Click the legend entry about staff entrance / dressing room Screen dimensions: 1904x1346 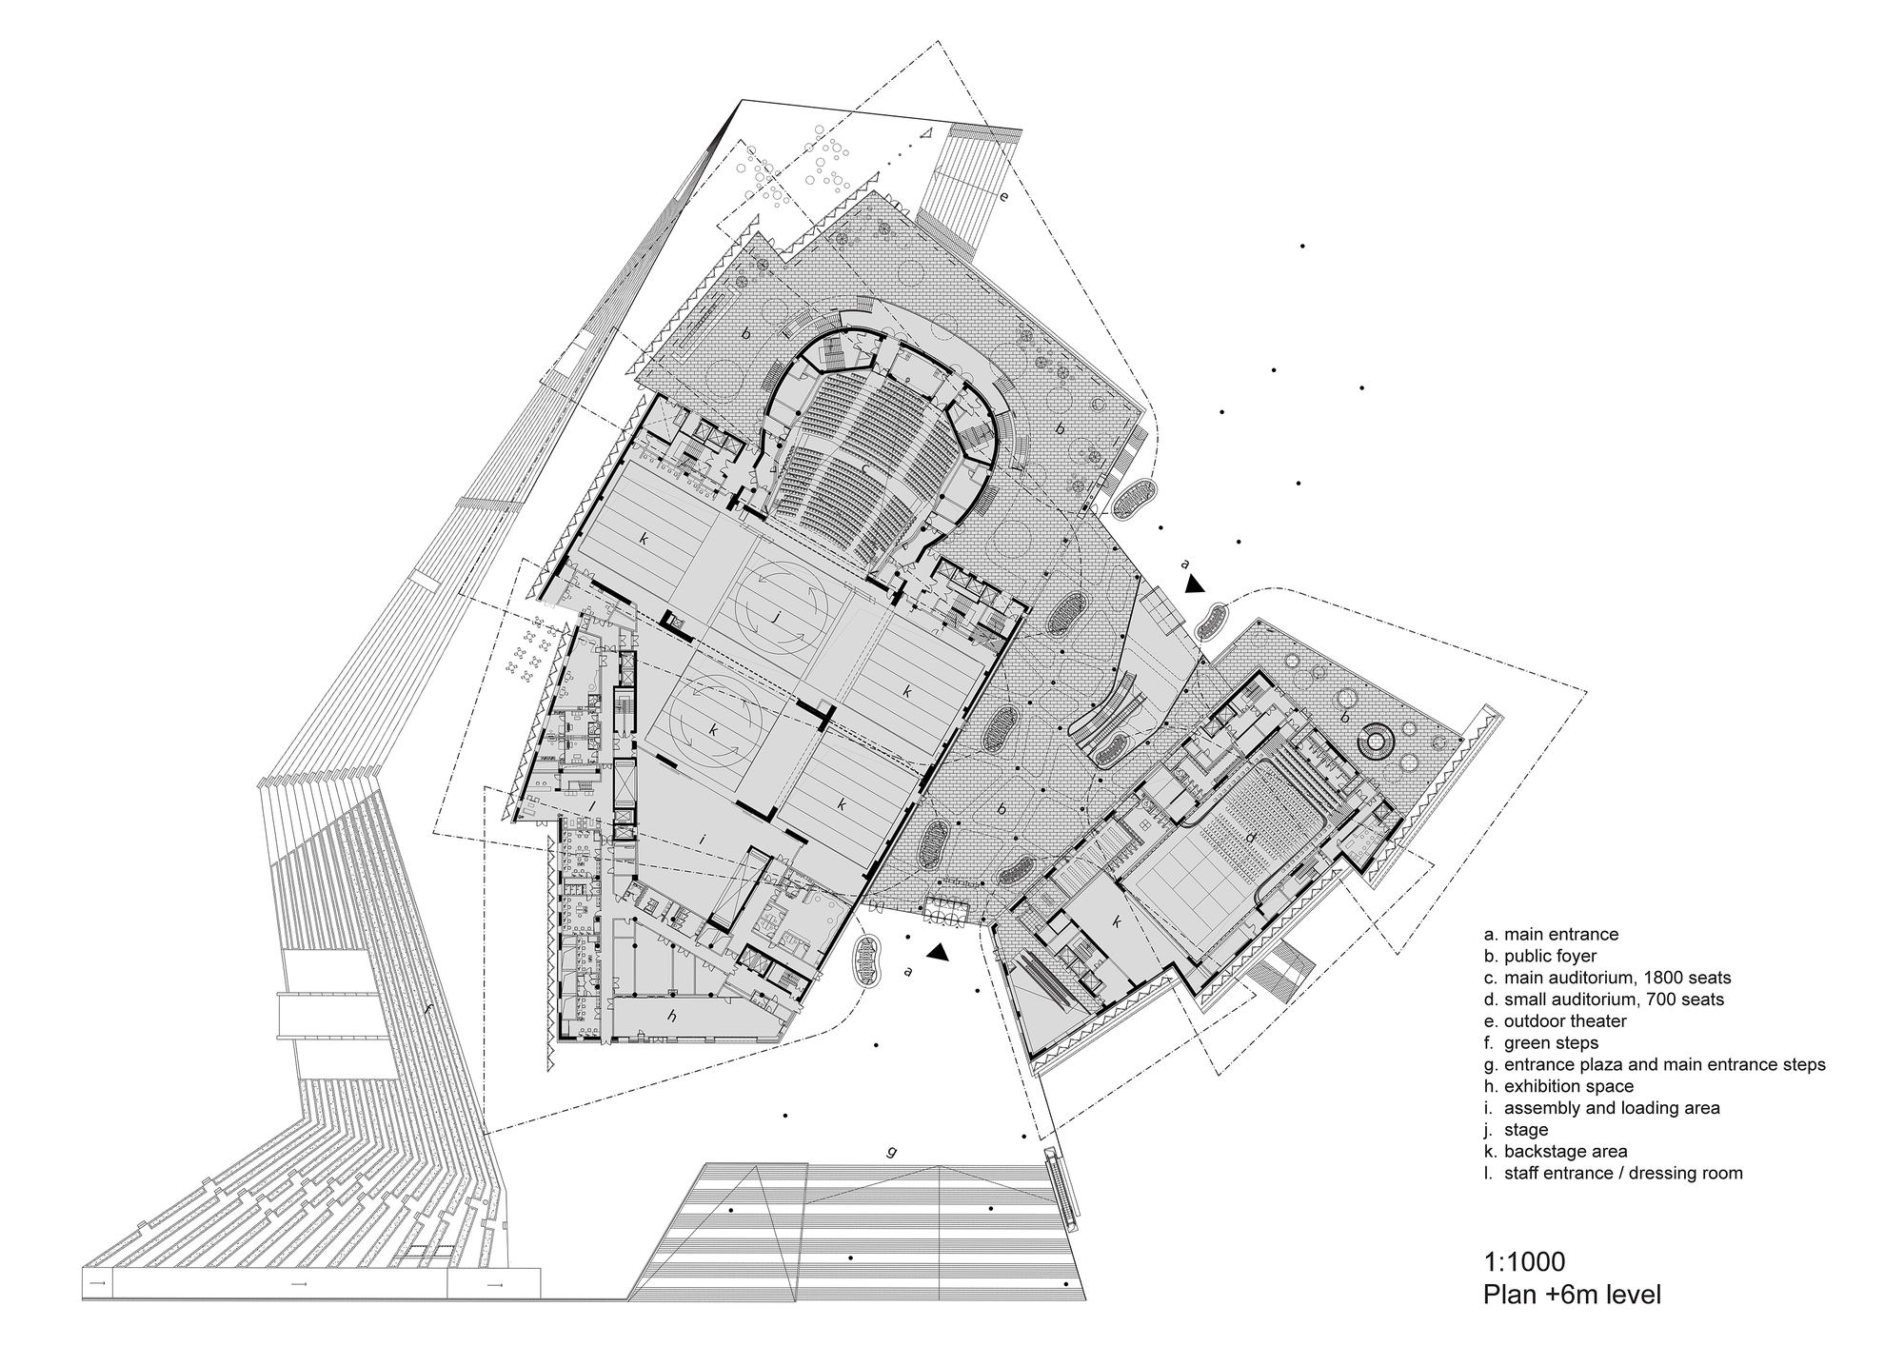pos(1613,1173)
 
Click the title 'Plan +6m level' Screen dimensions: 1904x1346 pos(1572,1296)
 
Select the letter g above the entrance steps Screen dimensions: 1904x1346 pos(891,1152)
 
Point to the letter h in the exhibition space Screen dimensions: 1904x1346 pos(672,1017)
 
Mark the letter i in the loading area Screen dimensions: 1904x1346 pos(701,840)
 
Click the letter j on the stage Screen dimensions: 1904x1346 pos(778,617)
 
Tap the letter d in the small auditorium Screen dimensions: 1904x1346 pos(1250,838)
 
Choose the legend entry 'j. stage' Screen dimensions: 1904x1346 pos(1516,1130)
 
